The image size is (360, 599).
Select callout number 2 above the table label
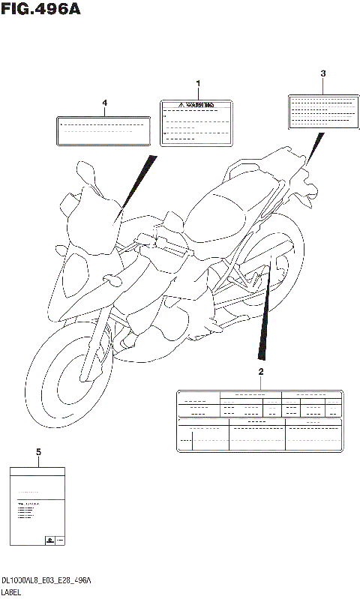(x=260, y=372)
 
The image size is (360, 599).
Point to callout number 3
(x=322, y=73)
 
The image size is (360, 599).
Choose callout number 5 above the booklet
(x=37, y=451)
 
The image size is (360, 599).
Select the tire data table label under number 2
(x=259, y=421)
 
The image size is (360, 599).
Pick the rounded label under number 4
(x=103, y=129)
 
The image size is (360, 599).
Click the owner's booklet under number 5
(x=37, y=507)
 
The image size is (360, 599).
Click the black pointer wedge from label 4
(x=135, y=187)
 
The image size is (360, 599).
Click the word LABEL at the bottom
(x=12, y=592)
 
